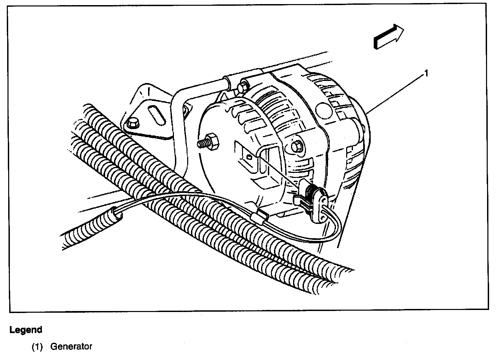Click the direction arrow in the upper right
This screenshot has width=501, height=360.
(388, 37)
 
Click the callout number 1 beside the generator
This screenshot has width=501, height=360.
(426, 73)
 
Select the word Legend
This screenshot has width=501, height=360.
(26, 330)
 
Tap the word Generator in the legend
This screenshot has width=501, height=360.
(71, 347)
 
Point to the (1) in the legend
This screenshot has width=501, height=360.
(37, 347)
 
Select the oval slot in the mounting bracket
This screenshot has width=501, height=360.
(157, 113)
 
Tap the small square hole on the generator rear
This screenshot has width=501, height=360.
(249, 157)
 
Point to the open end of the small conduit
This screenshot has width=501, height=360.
(117, 214)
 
